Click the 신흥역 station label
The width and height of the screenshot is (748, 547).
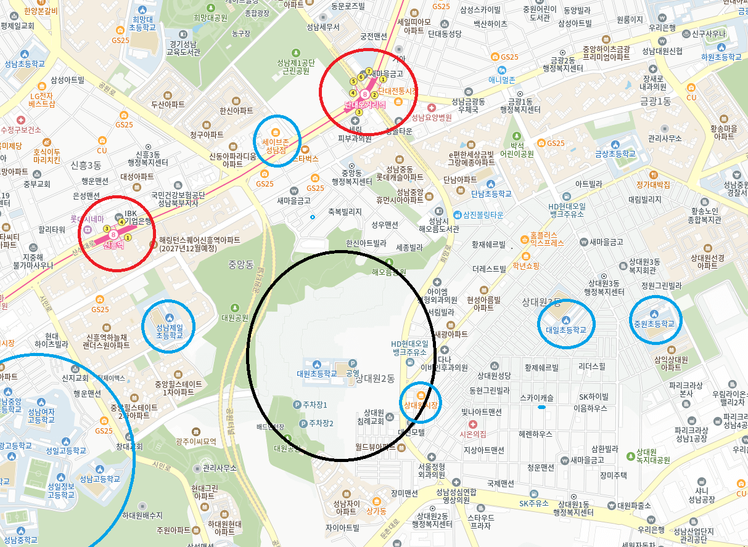114,245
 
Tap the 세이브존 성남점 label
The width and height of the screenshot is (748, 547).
276,145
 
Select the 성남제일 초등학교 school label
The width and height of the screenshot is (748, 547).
169,331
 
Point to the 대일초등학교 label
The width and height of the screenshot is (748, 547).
565,330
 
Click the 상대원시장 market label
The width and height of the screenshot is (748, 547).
421,405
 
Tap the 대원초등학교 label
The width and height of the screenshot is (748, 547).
316,373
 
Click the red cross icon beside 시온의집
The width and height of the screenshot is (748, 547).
472,424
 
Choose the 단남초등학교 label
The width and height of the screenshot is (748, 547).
491,193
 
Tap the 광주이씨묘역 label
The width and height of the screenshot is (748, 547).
195,441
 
